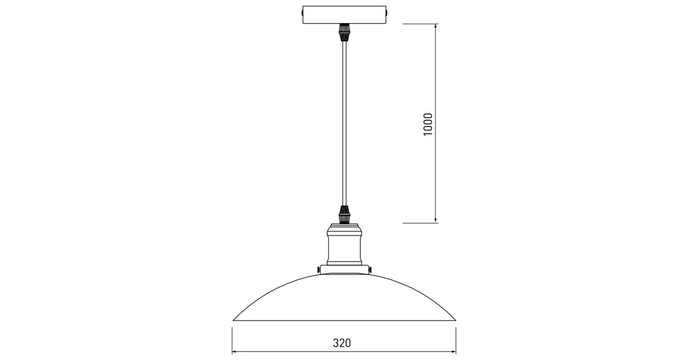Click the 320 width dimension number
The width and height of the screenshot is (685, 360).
pos(342,343)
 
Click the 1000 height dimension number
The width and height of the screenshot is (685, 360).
pos(428,124)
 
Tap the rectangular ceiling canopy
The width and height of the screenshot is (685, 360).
pos(344,14)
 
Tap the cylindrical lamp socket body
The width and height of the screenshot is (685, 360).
pos(343,248)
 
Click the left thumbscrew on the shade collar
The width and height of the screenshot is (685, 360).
pos(318,270)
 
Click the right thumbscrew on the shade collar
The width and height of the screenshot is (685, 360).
pos(370,270)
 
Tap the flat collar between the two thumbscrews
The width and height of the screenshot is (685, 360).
pos(344,268)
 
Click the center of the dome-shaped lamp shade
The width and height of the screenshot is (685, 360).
pos(344,298)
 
